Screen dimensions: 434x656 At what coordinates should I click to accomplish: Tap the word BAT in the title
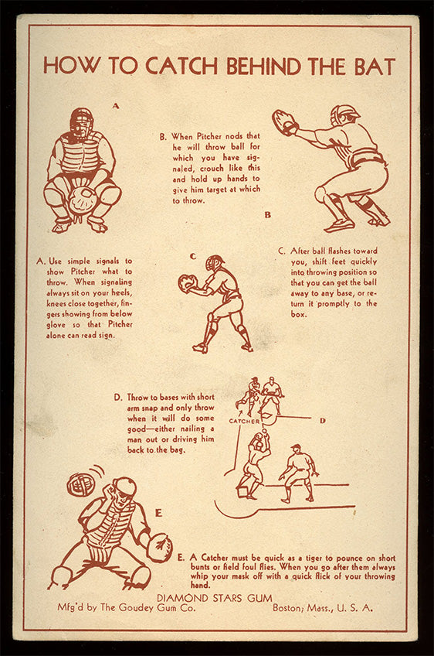pos(375,66)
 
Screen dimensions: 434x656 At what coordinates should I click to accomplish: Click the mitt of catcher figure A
pos(83,200)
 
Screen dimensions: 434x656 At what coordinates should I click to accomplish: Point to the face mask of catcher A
pos(81,122)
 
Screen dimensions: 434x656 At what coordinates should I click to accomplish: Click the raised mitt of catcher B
pos(284,121)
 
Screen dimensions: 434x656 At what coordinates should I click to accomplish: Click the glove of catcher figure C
pos(187,283)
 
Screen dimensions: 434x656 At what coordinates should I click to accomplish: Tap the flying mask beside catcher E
pos(81,484)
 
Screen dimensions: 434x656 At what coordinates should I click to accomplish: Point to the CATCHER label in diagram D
pos(244,422)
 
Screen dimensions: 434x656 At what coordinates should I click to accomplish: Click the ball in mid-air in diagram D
pos(263,430)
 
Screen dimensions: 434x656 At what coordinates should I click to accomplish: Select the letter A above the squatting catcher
pos(116,106)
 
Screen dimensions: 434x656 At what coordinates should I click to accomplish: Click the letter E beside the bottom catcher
pos(158,513)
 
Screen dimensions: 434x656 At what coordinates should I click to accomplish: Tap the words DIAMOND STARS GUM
pos(214,598)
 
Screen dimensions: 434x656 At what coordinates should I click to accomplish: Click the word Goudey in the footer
pos(137,608)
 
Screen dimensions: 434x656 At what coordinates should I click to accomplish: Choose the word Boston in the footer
pos(289,607)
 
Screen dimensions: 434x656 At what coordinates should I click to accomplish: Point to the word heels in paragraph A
pos(121,292)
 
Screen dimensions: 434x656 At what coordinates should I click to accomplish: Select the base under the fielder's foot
pos(244,491)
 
